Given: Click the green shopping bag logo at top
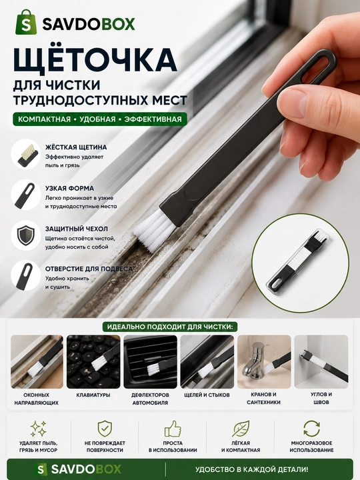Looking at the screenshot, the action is (x=26, y=22).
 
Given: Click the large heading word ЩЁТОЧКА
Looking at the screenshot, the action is (x=95, y=59).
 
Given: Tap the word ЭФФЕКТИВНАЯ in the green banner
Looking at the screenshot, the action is (x=153, y=119).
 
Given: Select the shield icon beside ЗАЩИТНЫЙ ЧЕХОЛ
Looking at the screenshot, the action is (x=26, y=235).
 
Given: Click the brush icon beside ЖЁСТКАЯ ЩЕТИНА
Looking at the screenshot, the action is (x=26, y=154).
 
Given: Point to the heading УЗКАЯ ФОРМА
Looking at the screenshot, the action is (x=69, y=188).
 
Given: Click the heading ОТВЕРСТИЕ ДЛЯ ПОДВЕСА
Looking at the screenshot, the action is (x=89, y=269).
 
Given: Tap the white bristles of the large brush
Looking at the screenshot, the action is (x=153, y=228).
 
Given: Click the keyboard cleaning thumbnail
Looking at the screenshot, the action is (x=93, y=362).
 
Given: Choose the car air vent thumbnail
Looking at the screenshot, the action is (x=150, y=362).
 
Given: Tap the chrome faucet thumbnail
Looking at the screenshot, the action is (x=264, y=362).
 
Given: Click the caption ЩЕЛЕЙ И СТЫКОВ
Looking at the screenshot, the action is (x=207, y=395).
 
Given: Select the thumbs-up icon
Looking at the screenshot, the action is (x=173, y=429).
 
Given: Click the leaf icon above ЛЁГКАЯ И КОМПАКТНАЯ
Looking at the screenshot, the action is (x=241, y=429).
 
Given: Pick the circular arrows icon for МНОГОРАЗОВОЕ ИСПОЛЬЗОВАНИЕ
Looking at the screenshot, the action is (x=311, y=428).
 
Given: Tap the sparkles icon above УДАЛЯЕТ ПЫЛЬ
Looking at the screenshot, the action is (x=38, y=429).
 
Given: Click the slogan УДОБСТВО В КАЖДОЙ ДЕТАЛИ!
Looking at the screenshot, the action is (x=251, y=469).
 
